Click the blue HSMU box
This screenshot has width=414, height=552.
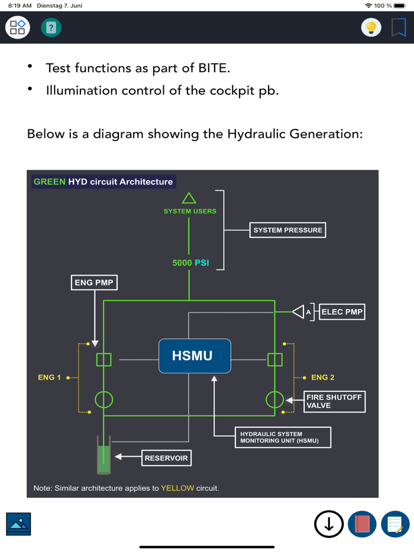[x=195, y=356]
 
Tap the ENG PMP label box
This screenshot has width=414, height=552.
[x=94, y=283]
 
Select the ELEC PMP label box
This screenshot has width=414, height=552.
[x=342, y=311]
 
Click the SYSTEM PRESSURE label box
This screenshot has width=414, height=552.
[x=287, y=230]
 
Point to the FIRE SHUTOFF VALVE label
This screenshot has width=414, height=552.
[x=334, y=401]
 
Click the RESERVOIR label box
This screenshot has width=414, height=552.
[x=166, y=457]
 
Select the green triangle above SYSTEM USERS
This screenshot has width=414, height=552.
[x=189, y=198]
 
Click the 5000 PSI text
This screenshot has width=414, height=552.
[x=190, y=262]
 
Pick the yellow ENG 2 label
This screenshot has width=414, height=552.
[x=323, y=377]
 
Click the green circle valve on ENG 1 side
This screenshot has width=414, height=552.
[x=104, y=400]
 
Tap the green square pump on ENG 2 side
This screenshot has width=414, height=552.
[x=274, y=359]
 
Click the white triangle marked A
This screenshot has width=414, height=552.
[x=299, y=311]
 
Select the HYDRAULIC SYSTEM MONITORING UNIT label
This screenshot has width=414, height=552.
[x=282, y=437]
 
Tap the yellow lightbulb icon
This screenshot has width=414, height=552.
[x=371, y=28]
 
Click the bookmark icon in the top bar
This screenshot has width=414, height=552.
[x=399, y=27]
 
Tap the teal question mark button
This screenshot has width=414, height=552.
[x=51, y=28]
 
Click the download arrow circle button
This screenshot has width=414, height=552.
[x=329, y=524]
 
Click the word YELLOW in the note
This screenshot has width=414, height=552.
[x=177, y=488]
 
